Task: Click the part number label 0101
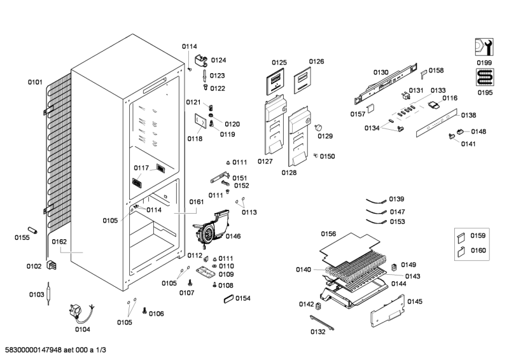tap(34, 82)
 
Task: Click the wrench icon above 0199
tap(484, 47)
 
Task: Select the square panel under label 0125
tap(274, 81)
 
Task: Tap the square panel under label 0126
tap(304, 80)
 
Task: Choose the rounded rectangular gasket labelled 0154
tap(225, 298)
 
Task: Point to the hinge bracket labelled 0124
tap(202, 61)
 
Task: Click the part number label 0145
tap(415, 301)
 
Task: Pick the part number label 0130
tap(380, 72)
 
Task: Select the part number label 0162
tap(59, 242)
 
